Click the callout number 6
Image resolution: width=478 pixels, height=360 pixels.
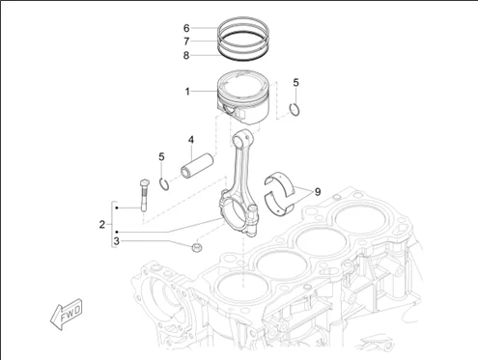[x=186, y=28]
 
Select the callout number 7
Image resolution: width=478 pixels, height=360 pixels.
[x=186, y=42]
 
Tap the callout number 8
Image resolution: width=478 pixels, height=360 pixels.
[x=186, y=55]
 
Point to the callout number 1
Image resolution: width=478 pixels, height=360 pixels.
[x=187, y=93]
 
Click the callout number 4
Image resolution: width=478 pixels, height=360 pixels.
[x=191, y=139]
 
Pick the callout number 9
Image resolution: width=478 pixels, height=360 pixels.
[x=316, y=191]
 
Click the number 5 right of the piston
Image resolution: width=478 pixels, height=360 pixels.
[x=296, y=82]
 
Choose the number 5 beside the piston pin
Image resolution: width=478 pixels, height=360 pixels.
[x=162, y=155]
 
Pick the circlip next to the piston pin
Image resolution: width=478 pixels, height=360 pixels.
[x=166, y=182]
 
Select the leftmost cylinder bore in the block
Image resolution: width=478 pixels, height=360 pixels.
[x=238, y=287]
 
